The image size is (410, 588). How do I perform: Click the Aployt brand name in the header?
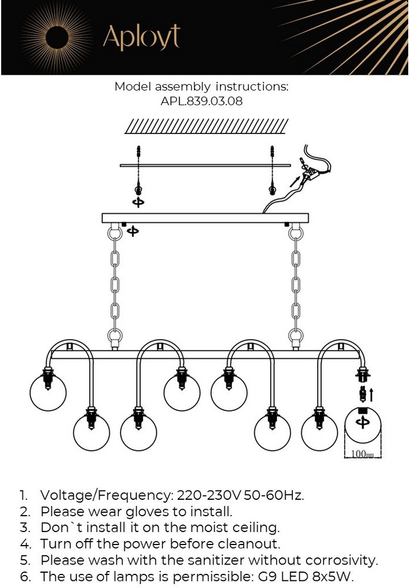pyautogui.click(x=141, y=37)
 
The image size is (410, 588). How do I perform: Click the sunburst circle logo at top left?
pyautogui.click(x=57, y=38)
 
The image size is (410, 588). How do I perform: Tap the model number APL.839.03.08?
pyautogui.click(x=201, y=101)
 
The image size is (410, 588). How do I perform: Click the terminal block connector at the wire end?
pyautogui.click(x=310, y=174)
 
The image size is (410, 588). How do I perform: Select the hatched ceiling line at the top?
pyautogui.click(x=206, y=126)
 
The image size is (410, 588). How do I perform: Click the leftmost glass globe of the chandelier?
pyautogui.click(x=48, y=392)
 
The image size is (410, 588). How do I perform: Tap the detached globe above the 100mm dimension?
pyautogui.click(x=363, y=426)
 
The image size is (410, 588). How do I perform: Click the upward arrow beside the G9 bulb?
pyautogui.click(x=371, y=395)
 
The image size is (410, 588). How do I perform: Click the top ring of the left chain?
pyautogui.click(x=115, y=233)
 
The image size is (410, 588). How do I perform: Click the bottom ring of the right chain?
pyautogui.click(x=296, y=335)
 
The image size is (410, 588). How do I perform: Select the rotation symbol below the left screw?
pyautogui.click(x=138, y=202)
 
